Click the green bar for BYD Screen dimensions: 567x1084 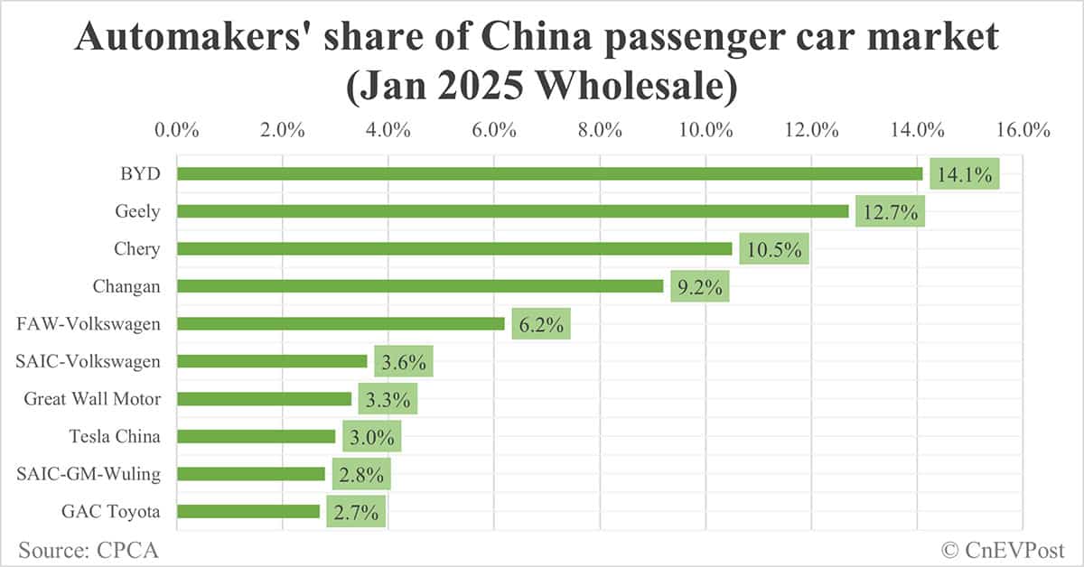click(549, 173)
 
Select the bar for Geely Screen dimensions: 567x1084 click(512, 211)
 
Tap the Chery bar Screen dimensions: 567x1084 click(454, 248)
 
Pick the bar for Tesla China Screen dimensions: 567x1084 click(256, 436)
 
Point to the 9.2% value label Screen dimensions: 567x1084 click(699, 286)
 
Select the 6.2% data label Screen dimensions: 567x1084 click(541, 324)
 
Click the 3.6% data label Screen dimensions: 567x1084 click(404, 362)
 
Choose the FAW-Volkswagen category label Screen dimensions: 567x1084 click(89, 323)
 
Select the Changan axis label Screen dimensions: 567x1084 click(126, 286)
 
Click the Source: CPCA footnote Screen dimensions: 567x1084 click(80, 548)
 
